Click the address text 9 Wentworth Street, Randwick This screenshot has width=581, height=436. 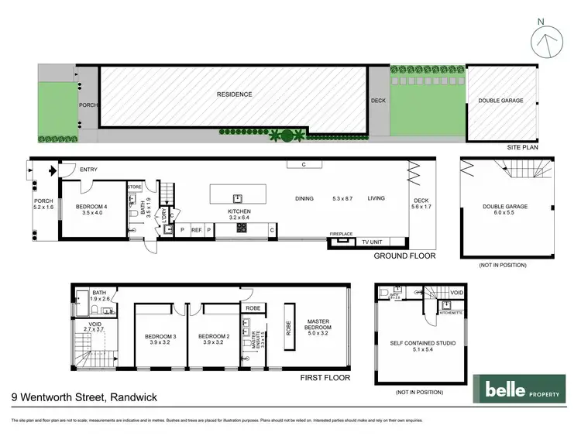click(84, 397)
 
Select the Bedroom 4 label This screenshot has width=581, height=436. click(93, 207)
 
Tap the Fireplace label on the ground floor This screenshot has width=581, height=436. click(341, 233)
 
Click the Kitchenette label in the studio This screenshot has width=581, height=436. click(428, 314)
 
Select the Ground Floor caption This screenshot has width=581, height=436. click(404, 256)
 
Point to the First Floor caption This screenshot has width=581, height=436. click(325, 379)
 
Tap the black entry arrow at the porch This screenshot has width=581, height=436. click(52, 171)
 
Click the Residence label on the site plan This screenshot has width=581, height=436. click(233, 94)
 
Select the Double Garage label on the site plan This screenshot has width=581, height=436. click(501, 101)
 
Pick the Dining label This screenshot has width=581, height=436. click(304, 199)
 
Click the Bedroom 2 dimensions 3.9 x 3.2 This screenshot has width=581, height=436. click(211, 342)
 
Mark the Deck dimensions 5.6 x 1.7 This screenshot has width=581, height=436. click(422, 208)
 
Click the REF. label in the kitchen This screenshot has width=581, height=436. click(196, 230)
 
